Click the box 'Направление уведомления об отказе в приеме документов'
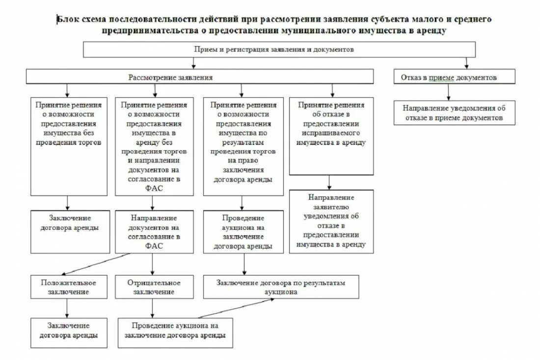[454, 113]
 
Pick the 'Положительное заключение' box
[68, 287]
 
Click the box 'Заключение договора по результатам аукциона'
[281, 287]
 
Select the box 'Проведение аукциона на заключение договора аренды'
[175, 332]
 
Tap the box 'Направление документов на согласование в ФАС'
[154, 232]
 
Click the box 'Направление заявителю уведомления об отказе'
[331, 221]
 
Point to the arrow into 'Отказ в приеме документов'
[466, 63]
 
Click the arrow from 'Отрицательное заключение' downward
[152, 308]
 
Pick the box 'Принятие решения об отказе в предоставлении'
[331, 136]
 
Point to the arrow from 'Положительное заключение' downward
[67, 308]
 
